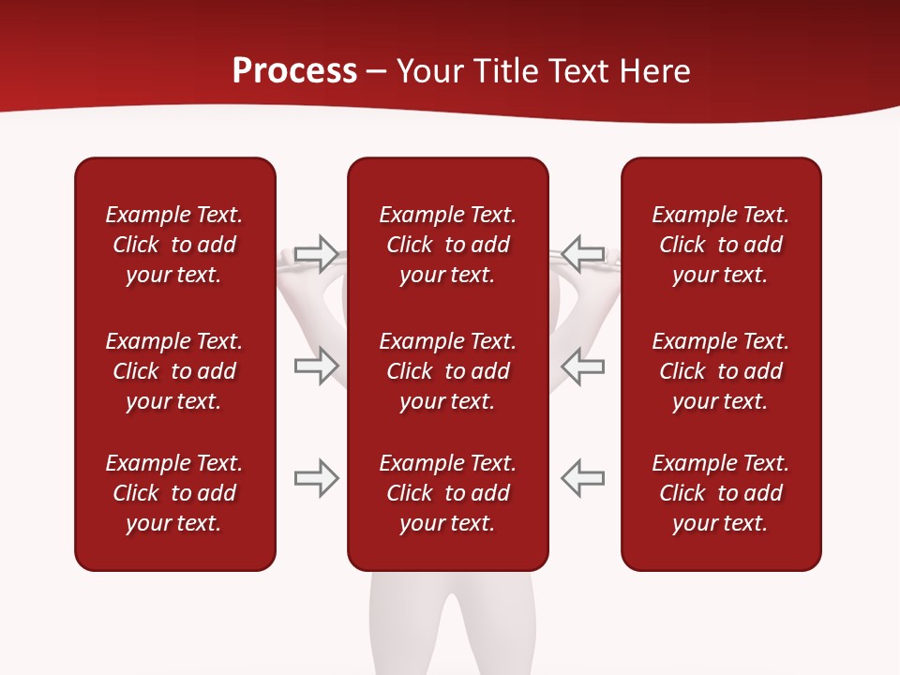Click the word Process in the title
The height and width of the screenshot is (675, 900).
coord(294,71)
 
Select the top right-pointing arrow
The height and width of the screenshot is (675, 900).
coord(316,252)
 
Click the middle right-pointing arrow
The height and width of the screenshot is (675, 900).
coord(316,365)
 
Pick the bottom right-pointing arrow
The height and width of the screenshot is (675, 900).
coord(316,478)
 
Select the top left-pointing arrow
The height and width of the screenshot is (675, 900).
coord(583,252)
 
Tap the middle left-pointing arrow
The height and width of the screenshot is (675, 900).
coord(583,365)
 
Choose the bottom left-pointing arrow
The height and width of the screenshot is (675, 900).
coord(583,478)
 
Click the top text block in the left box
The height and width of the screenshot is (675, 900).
coord(174,245)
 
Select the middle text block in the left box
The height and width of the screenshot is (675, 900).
coord(174,371)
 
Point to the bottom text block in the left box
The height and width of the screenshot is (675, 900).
coord(174,493)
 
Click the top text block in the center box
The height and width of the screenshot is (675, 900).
coord(447,245)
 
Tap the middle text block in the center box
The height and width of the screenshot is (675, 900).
coord(447,371)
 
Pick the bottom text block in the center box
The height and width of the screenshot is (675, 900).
coord(447,493)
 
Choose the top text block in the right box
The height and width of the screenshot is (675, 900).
coord(720,245)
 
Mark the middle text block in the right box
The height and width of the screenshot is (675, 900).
coord(720,371)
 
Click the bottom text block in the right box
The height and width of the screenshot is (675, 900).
coord(720,493)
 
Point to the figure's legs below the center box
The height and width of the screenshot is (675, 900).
coord(448,623)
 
